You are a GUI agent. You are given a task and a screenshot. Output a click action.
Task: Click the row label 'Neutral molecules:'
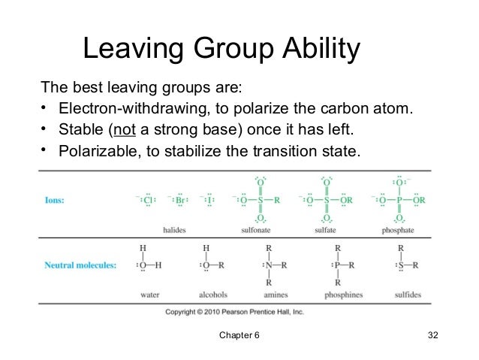80,265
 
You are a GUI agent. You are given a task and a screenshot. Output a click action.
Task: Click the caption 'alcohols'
213,295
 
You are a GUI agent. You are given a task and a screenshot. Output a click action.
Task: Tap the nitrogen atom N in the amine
268,265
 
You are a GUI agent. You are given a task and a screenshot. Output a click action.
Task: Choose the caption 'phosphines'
339,295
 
